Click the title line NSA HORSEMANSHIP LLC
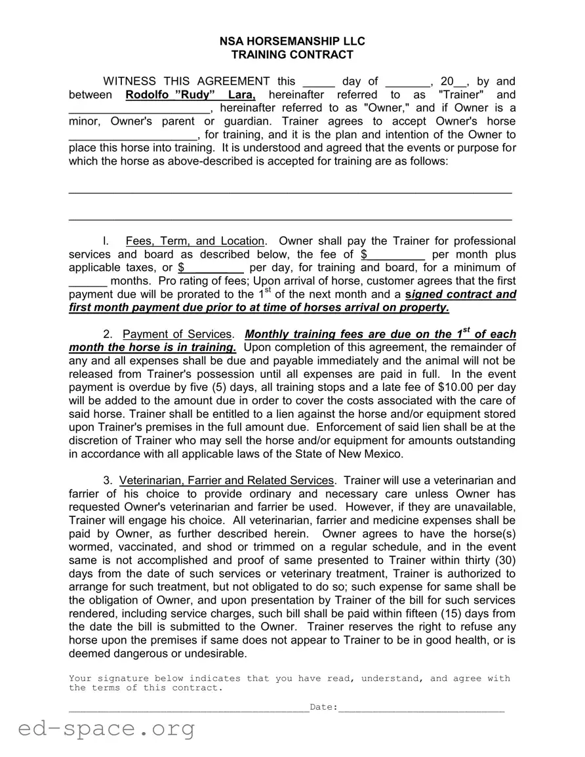[x=292, y=41]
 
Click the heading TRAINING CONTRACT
[x=292, y=55]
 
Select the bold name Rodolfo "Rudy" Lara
[x=186, y=95]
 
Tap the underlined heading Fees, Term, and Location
[x=195, y=241]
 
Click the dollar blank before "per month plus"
[x=393, y=255]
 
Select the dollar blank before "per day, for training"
[x=211, y=268]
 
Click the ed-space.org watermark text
[x=107, y=728]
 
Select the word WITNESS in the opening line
[x=130, y=82]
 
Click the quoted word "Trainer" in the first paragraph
[x=461, y=95]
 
